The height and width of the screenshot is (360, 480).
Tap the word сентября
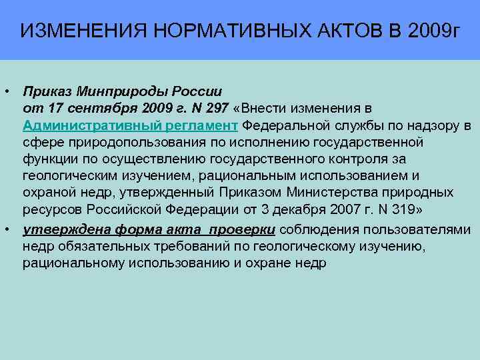[x=89, y=107]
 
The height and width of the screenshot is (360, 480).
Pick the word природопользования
[x=119, y=142]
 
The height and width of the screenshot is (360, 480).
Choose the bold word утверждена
[x=58, y=229]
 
